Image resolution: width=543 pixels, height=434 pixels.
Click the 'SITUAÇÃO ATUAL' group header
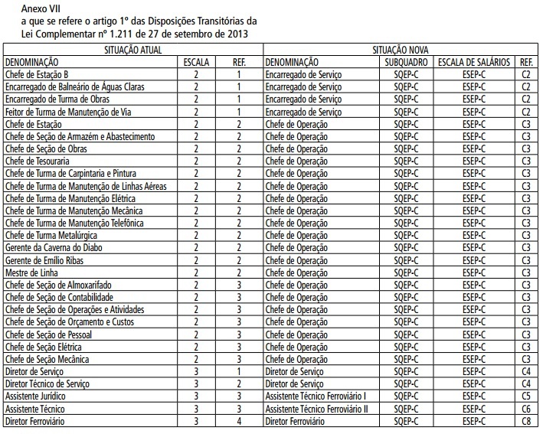coord(132,49)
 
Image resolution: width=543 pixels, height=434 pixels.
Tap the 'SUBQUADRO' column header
coord(407,62)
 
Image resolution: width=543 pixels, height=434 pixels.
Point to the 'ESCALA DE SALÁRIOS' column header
coord(474,62)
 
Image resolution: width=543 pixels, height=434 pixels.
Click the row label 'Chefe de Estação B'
coord(37,74)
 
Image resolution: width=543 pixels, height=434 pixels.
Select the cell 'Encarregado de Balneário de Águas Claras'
coord(74,86)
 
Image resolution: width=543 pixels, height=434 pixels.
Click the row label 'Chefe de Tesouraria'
coord(38,161)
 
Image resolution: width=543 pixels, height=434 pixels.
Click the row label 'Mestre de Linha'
coord(31,272)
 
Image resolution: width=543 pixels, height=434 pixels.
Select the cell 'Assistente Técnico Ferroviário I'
coord(316,396)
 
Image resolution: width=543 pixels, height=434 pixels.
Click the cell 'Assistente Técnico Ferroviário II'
coord(317,408)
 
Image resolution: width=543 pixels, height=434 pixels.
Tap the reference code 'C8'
coord(525,420)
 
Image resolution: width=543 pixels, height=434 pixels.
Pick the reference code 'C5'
coord(525,396)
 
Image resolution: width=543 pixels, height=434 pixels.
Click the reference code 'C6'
coord(525,408)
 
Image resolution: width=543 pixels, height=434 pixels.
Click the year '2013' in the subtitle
coord(235,34)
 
